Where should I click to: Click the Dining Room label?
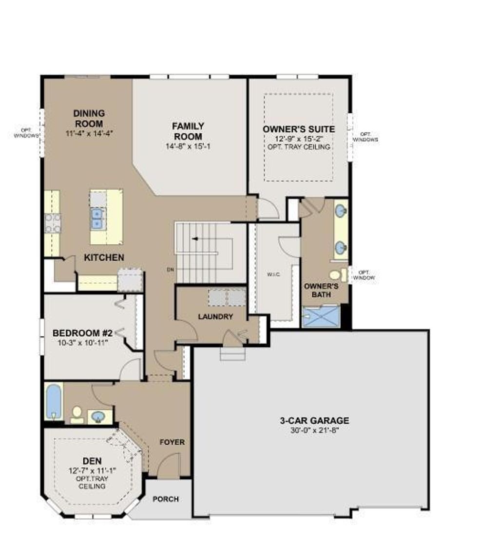point(89,118)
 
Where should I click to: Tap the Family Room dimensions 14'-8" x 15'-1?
point(188,146)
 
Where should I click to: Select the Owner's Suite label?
point(299,129)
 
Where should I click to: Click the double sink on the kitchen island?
point(98,218)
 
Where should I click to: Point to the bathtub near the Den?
point(54,401)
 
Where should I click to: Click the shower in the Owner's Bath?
point(320,317)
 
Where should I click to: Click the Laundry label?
point(215,317)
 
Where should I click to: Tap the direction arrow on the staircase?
point(195,238)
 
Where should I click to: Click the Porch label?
point(166,499)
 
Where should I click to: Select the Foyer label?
point(173,442)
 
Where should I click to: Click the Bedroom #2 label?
point(83,333)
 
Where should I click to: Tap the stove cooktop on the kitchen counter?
point(53,223)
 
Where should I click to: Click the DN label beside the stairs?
point(169,269)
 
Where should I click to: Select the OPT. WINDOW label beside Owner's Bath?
point(367,275)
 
